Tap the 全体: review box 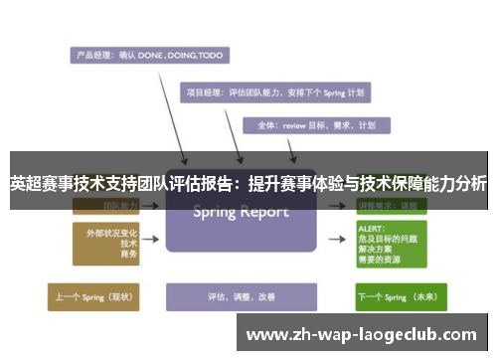(x=316, y=125)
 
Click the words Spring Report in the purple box (x=242, y=212)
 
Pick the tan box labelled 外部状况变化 (x=102, y=243)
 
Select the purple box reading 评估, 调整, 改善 (x=240, y=296)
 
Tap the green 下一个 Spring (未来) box (x=399, y=296)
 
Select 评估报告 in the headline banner (x=204, y=183)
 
